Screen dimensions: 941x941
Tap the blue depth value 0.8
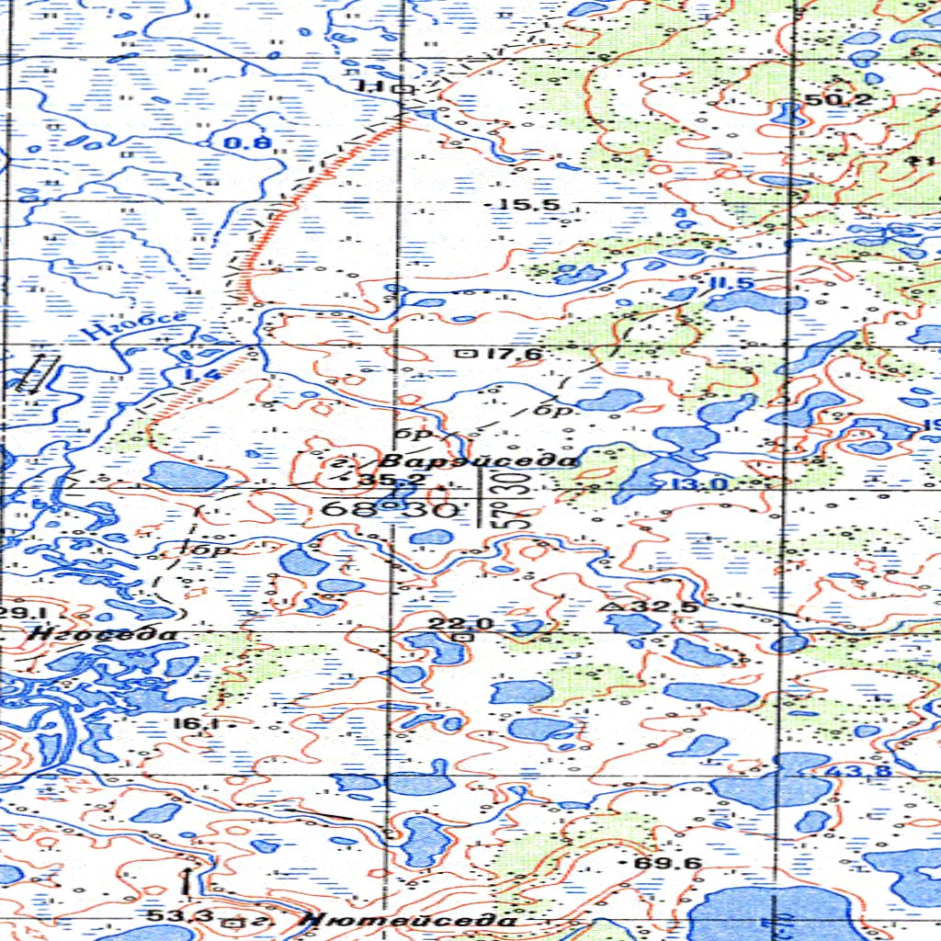(247, 142)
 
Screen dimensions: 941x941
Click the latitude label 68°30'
(390, 508)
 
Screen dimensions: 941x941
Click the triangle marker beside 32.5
(610, 607)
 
